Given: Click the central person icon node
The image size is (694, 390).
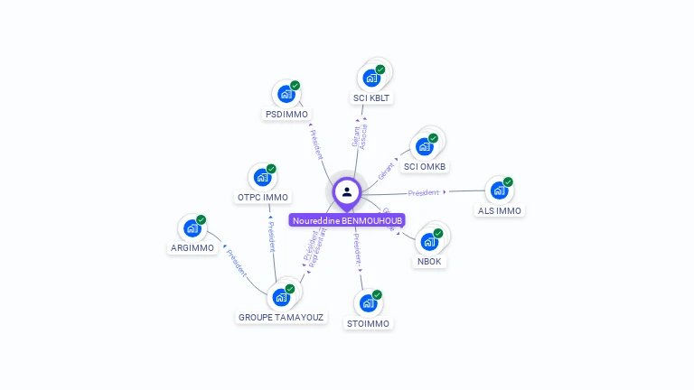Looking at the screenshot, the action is click(347, 191).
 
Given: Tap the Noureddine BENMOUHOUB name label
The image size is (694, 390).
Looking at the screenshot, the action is click(347, 220).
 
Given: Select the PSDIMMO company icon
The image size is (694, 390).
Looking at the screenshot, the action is click(286, 94).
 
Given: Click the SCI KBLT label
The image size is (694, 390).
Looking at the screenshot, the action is click(372, 97).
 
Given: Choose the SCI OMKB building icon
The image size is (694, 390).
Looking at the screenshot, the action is click(424, 146).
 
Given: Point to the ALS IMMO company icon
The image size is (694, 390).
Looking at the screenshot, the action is click(498, 190).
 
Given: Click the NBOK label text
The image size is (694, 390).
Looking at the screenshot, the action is click(429, 262).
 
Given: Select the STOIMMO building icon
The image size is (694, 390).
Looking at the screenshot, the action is click(369, 302).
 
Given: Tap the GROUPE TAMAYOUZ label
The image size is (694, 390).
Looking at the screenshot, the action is click(281, 318).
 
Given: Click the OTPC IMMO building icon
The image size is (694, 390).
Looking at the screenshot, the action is click(262, 177).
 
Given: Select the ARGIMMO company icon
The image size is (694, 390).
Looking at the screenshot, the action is click(192, 227).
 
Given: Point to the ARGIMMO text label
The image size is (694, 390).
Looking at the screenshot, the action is click(192, 248).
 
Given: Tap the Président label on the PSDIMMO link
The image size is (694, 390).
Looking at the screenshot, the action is click(316, 144).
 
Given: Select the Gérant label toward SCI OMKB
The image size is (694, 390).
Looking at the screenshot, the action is click(386, 169).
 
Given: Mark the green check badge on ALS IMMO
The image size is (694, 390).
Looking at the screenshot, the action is click(508, 181).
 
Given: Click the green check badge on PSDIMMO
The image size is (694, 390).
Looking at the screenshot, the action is click(295, 85).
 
